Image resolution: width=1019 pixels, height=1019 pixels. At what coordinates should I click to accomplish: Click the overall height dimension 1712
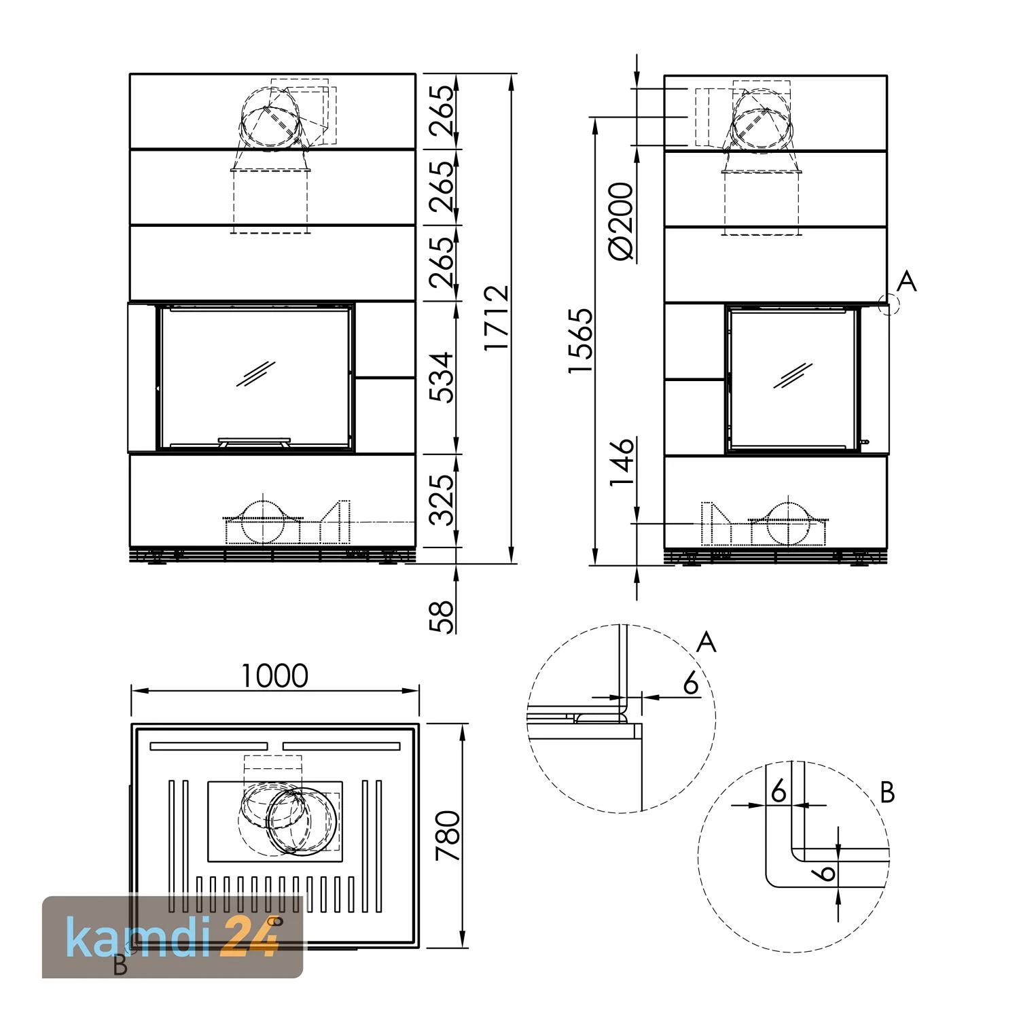pyautogui.click(x=497, y=317)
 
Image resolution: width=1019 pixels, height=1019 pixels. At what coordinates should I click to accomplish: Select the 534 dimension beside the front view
pyautogui.click(x=442, y=377)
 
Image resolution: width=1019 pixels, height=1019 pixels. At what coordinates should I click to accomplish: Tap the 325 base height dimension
pyautogui.click(x=442, y=500)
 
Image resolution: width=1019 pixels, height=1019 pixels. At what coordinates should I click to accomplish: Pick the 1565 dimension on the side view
pyautogui.click(x=582, y=341)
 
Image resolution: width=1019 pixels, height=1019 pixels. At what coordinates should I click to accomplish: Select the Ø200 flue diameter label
pyautogui.click(x=621, y=221)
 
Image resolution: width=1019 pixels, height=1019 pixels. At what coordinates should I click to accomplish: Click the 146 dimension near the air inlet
pyautogui.click(x=621, y=462)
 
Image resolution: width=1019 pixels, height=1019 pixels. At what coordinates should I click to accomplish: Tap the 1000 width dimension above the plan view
pyautogui.click(x=275, y=675)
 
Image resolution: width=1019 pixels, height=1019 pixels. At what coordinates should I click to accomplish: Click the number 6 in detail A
pyautogui.click(x=690, y=683)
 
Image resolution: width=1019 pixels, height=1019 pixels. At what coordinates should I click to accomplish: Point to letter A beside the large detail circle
pyautogui.click(x=707, y=641)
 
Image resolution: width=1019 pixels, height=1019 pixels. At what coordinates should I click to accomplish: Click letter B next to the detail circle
pyautogui.click(x=887, y=793)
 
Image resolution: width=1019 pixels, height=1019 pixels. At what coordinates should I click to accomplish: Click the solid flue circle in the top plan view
pyautogui.click(x=302, y=820)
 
